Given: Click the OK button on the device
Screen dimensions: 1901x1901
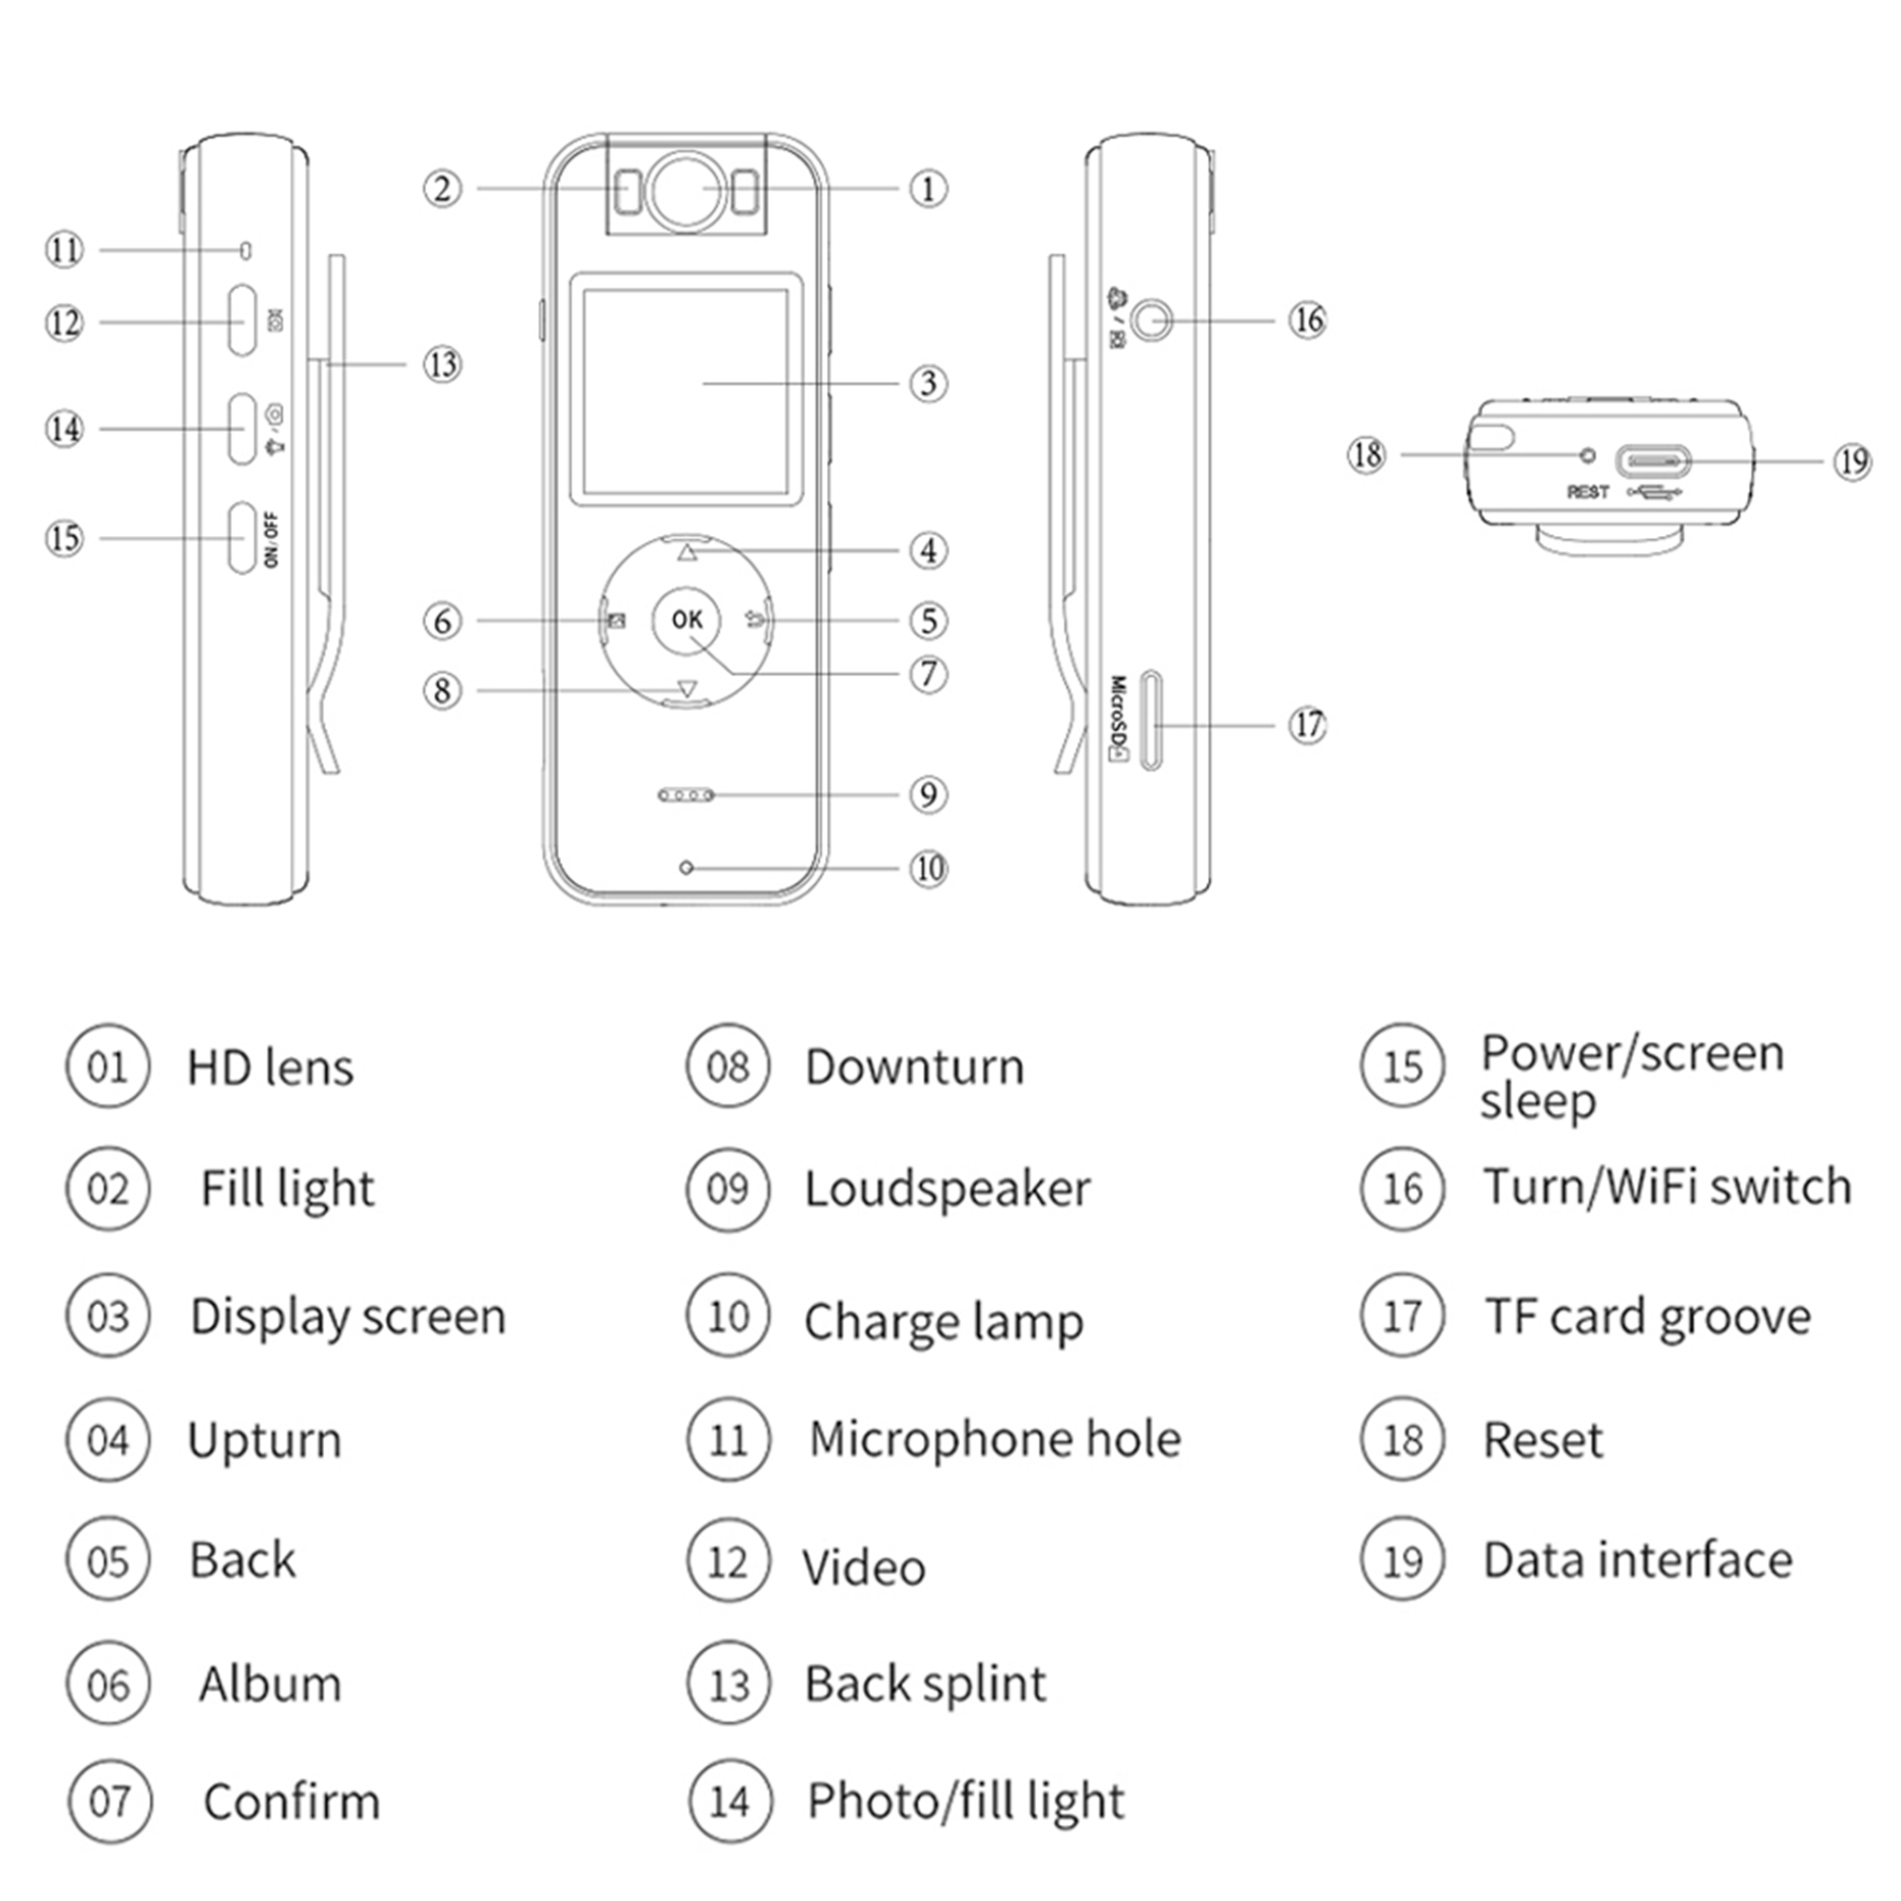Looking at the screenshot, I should point(687,620).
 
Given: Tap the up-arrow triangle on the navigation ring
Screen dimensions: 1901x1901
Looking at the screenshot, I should point(687,553).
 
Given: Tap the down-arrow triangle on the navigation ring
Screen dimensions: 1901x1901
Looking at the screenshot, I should point(687,689).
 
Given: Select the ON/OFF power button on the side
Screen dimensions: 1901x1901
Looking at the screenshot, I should point(242,538).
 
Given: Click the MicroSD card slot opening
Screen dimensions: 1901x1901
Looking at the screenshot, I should point(1151,721).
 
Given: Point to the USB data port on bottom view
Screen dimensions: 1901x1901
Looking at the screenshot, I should point(1653,460).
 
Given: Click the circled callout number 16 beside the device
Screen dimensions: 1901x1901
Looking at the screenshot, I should point(1308,319).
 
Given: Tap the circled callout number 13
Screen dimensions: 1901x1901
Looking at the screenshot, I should point(443,365).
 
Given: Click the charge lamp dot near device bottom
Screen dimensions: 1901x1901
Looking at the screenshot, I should point(687,868).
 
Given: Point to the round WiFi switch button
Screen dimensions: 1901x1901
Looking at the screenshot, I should point(1151,319).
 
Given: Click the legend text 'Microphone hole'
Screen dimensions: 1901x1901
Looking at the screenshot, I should point(995,1439).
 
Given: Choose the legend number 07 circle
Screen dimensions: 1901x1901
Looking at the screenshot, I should point(110,1801).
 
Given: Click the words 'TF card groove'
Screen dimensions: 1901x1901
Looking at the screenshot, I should point(1647,1316).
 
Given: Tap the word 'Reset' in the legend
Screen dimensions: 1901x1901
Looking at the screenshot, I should point(1542,1441).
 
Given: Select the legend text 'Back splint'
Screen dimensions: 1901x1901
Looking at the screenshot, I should point(925,1683).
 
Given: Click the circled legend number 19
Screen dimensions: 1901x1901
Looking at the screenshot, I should point(1402,1561).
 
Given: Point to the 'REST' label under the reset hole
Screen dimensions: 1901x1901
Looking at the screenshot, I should point(1587,492).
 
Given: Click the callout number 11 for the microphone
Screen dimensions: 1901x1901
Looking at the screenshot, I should point(65,250).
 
